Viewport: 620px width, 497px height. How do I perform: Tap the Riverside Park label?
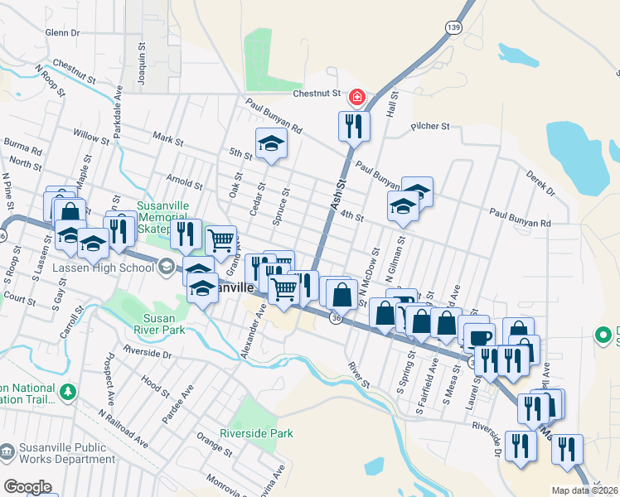click(257, 433)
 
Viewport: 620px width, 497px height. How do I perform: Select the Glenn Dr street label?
click(62, 32)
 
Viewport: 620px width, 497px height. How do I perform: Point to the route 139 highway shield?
click(452, 27)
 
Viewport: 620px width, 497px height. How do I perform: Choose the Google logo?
click(27, 487)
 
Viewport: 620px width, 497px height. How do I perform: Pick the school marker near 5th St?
click(271, 144)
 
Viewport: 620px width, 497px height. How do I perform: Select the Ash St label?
click(340, 195)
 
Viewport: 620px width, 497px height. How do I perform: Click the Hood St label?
click(155, 384)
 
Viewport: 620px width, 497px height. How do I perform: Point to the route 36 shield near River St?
click(335, 317)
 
